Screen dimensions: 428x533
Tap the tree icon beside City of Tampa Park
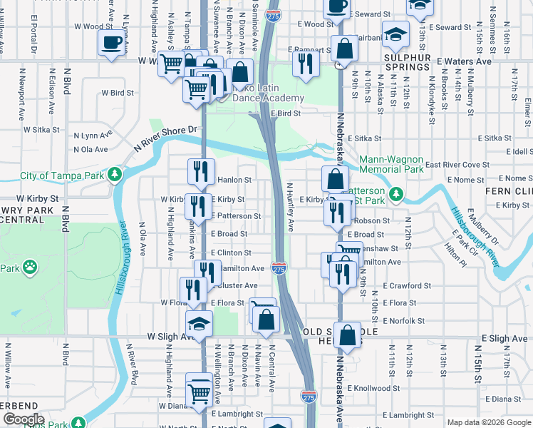click(114, 175)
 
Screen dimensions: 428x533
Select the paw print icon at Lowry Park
click(29, 268)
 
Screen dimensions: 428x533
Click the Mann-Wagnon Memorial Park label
click(391, 165)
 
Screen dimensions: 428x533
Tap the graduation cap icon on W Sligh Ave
click(200, 322)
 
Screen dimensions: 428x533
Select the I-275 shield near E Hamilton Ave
click(279, 268)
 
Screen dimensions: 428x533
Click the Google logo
click(23, 419)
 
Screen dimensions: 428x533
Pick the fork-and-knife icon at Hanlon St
click(200, 172)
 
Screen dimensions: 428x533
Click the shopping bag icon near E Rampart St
click(344, 49)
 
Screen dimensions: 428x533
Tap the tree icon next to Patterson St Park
click(398, 193)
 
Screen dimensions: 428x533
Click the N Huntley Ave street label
click(290, 207)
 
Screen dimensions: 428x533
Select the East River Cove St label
click(456, 165)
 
